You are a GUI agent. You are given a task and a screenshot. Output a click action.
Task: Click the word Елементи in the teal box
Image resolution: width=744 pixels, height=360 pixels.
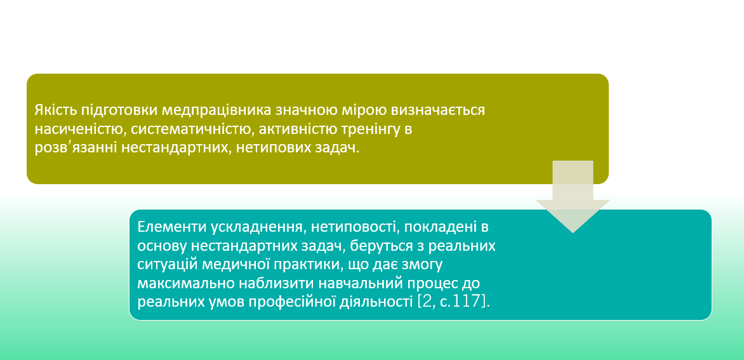click(x=170, y=227)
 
